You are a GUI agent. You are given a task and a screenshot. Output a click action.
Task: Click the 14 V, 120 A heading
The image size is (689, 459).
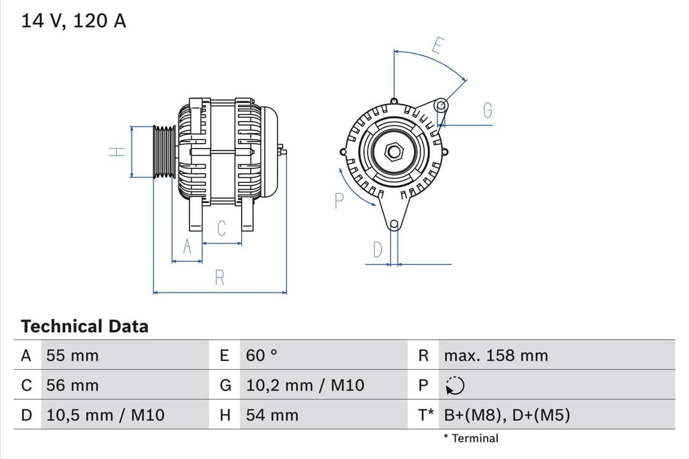pos(74,21)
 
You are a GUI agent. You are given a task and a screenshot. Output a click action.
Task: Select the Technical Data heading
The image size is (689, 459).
pos(84,326)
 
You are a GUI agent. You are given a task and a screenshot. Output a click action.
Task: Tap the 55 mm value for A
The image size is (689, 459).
pos(72,356)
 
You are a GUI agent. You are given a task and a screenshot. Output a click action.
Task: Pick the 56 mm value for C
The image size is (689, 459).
pos(72,386)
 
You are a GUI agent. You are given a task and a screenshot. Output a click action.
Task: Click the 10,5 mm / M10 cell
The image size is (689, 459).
pos(105,416)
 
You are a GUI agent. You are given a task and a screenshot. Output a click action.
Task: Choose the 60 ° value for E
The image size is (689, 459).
pos(262,356)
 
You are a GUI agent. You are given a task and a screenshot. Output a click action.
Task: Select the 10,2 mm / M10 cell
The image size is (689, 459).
pos(305,386)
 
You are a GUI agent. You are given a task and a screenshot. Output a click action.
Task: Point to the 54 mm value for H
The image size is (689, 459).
pos(272,416)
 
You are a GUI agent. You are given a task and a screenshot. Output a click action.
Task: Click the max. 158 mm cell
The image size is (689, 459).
pos(496,356)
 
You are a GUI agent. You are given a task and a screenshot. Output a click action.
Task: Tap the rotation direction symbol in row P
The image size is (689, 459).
pos(455,386)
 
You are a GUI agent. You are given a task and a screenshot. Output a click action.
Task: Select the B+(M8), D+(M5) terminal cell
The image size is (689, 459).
pos(507,416)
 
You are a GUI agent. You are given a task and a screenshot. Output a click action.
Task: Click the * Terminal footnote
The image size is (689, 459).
pos(471,439)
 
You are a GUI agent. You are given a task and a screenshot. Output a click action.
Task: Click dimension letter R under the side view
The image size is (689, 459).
pos(219,278)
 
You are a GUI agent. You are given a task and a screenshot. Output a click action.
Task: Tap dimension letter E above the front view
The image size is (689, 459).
pos(438,46)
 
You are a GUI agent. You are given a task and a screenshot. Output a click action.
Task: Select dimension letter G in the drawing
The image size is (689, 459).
pos(487,111)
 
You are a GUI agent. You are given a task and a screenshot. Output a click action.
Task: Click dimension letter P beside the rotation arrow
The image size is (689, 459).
pos(339,201)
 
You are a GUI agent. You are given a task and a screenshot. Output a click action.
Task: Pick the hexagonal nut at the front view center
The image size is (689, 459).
pos(394,152)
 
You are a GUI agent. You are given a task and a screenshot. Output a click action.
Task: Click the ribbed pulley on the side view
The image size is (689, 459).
pos(164,152)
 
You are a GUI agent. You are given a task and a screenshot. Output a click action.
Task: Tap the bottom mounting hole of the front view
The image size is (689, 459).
pos(394,224)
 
